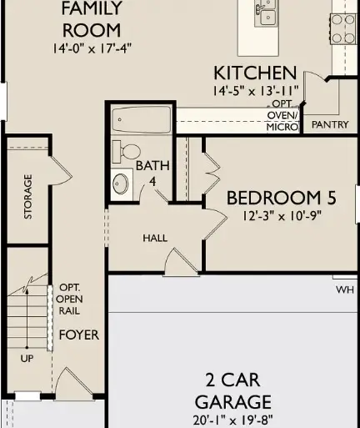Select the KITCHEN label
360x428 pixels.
pos(254,73)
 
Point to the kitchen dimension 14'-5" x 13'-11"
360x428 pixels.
pos(254,89)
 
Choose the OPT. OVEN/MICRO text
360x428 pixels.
pos(282,115)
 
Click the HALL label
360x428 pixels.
pos(155,238)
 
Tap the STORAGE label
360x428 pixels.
pos(28,196)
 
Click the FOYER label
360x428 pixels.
pos(78,335)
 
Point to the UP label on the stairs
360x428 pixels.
pos(27,360)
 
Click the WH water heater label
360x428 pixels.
pos(345,290)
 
